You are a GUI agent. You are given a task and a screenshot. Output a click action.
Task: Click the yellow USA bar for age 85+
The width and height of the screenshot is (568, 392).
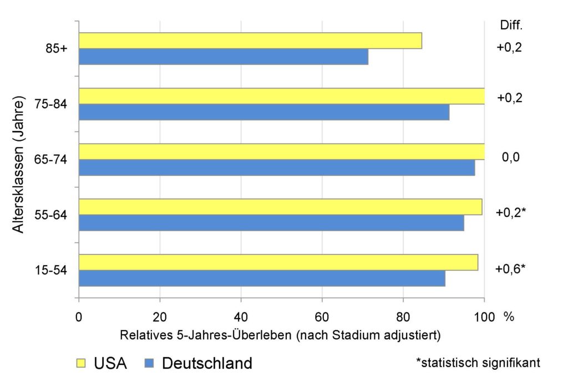pos(250,40)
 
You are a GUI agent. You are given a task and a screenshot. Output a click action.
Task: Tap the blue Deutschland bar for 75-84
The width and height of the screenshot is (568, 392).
pos(264,112)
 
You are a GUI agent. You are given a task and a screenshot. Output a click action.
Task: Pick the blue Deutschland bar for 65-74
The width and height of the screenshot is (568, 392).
pos(277,167)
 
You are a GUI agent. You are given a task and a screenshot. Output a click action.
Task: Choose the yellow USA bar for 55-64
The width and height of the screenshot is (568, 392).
pos(280,207)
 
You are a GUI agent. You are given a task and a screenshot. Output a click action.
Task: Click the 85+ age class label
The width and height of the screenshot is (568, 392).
pos(57,48)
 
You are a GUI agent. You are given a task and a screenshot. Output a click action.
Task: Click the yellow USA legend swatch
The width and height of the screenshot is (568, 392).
pos(82,364)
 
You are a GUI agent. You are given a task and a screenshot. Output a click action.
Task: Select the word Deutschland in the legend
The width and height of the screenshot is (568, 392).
pos(207,364)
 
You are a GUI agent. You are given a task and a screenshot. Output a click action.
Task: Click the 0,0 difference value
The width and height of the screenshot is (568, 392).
pos(510,158)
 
